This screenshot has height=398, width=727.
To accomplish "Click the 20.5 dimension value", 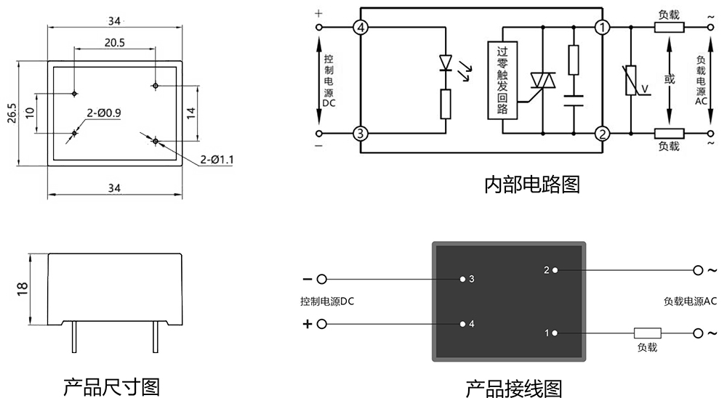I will click(x=114, y=43).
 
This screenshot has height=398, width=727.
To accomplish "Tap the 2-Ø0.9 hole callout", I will click(x=103, y=113).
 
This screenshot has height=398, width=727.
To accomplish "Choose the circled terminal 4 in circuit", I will click(x=361, y=28).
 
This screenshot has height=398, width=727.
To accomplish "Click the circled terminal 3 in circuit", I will click(x=361, y=134).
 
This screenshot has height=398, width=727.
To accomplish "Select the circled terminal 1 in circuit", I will click(x=602, y=28).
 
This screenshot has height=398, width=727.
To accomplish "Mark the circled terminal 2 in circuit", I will click(x=602, y=134).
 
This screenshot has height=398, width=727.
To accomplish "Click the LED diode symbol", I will click(x=446, y=64).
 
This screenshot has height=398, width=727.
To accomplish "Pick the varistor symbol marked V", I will click(x=631, y=81).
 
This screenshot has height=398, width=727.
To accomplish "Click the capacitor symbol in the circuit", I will click(x=573, y=99).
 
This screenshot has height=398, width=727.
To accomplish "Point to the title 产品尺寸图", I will click(x=111, y=386).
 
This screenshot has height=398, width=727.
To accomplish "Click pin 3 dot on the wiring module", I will click(x=462, y=279).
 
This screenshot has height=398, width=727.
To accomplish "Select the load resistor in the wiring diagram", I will click(x=647, y=333).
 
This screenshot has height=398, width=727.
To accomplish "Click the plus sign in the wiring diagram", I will click(x=307, y=324).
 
